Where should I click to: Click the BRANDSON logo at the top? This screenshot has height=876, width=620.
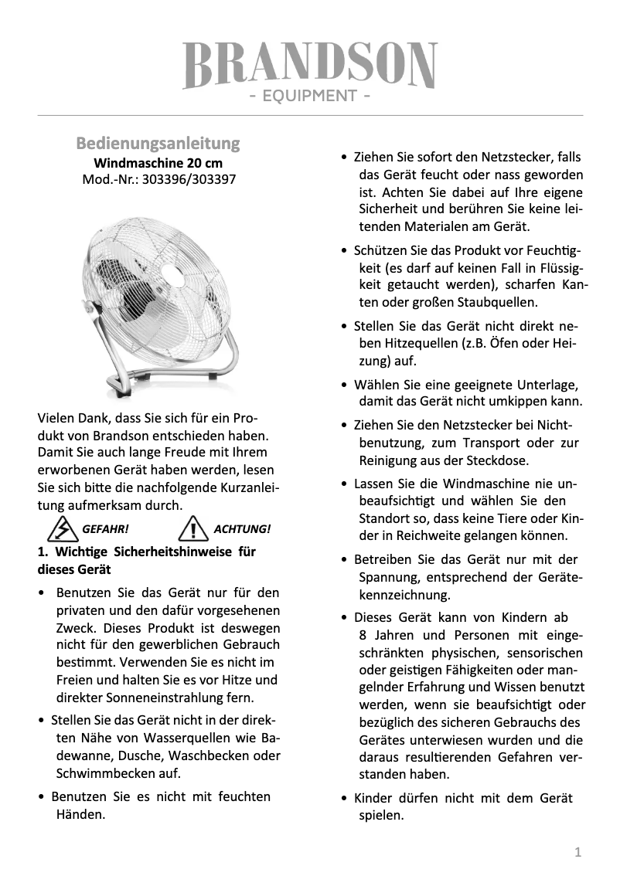[x=310, y=65]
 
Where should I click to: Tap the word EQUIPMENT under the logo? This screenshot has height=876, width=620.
[x=310, y=97]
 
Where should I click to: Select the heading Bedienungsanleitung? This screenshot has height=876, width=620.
[x=158, y=144]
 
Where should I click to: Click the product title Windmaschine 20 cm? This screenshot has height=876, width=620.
[x=158, y=163]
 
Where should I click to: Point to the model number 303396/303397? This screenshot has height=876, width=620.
[x=186, y=180]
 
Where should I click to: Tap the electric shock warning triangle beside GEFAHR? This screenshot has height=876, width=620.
[x=59, y=529]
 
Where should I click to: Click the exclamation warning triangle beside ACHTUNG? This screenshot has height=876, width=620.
[x=190, y=529]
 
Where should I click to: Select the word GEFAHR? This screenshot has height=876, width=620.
[x=105, y=529]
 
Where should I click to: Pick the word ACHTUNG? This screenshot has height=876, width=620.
[x=242, y=529]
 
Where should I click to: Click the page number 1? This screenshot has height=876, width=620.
[x=577, y=852]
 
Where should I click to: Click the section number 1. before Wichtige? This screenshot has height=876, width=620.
[x=43, y=552]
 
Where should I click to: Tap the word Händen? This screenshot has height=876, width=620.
[x=81, y=814]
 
